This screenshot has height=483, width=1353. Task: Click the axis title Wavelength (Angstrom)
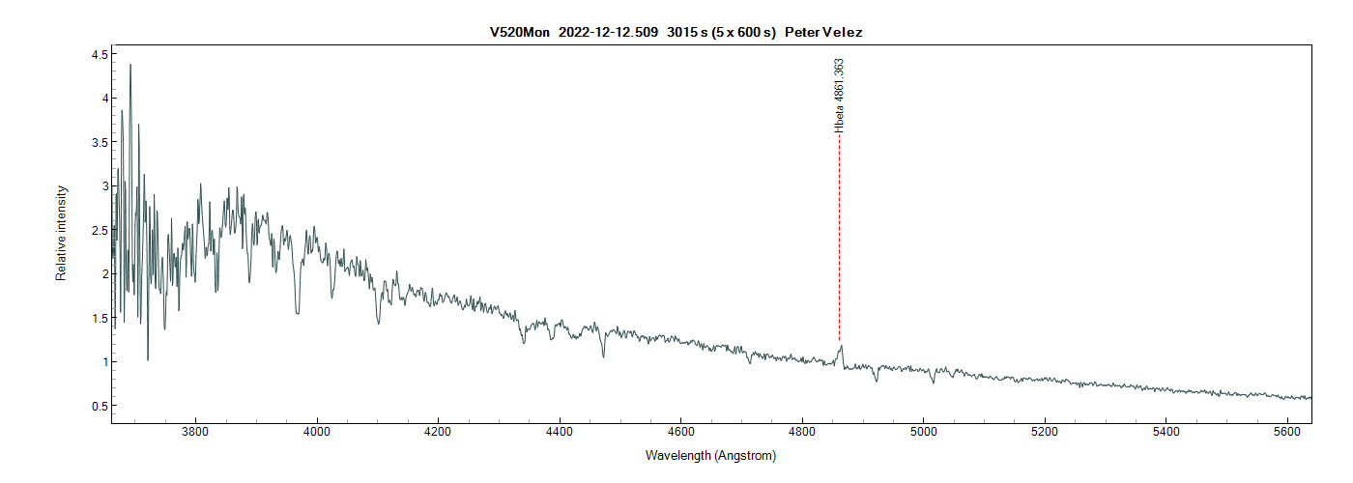pyautogui.click(x=710, y=456)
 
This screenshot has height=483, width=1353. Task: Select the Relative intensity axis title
pyautogui.click(x=61, y=233)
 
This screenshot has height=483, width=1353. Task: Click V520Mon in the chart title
pyautogui.click(x=519, y=32)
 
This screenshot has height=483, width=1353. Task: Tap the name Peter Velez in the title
pyautogui.click(x=823, y=32)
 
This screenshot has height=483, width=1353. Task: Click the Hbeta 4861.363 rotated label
pyautogui.click(x=839, y=94)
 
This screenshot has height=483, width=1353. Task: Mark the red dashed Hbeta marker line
pyautogui.click(x=839, y=241)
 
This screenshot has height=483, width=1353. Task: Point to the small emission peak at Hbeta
pyautogui.click(x=841, y=347)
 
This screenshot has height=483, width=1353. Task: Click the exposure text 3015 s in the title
pyautogui.click(x=687, y=32)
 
